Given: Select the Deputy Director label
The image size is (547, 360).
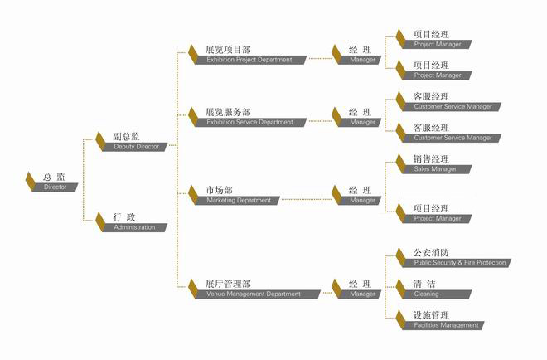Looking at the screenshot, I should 137,147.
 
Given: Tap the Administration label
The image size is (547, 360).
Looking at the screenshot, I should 137,227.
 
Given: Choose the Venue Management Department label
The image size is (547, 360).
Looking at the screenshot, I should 255,294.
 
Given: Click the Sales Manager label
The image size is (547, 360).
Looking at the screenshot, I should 438,169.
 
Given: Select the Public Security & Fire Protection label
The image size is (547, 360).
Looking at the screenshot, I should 457,263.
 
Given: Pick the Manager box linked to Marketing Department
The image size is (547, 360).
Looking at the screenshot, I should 363,200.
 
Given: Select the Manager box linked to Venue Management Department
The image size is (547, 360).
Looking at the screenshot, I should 363,294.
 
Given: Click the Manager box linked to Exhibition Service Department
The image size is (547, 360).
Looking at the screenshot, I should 363,122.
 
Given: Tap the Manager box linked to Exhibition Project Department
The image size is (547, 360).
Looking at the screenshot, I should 363,60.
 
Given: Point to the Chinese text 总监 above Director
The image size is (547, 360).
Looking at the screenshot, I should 56,177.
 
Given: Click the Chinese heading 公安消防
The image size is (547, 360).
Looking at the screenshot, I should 431,252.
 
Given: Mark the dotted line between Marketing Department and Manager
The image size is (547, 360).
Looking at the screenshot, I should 306,200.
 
